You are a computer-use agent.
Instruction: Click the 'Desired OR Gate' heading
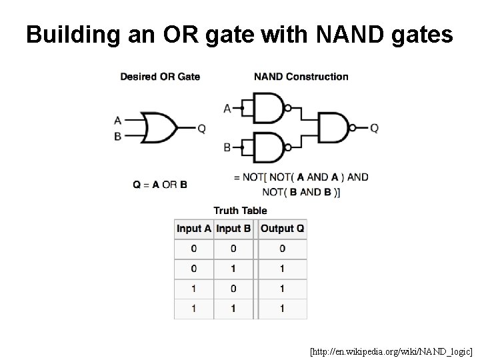click(160, 77)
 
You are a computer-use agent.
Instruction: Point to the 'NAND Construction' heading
click(301, 77)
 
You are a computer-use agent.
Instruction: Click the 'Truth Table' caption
click(240, 211)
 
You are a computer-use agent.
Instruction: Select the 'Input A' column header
click(193, 229)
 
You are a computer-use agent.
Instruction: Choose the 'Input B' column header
click(233, 229)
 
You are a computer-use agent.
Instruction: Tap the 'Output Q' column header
click(282, 229)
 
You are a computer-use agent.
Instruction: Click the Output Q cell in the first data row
click(282, 249)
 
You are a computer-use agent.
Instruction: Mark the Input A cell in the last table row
click(193, 309)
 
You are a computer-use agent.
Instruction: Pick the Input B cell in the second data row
click(233, 269)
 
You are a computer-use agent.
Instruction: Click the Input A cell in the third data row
click(193, 289)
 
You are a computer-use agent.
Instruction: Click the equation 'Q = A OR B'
click(160, 184)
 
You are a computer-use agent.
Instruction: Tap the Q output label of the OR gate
click(201, 128)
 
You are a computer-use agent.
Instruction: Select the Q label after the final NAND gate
click(374, 127)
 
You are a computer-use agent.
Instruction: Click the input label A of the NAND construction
click(227, 108)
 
